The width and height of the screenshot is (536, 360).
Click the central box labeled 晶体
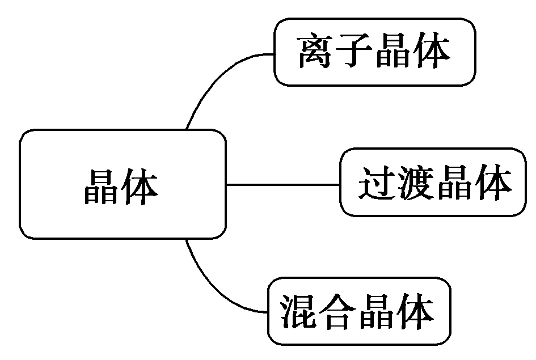(122, 184)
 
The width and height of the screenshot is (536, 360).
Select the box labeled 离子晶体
(374, 52)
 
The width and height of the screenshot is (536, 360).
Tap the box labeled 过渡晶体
(433, 183)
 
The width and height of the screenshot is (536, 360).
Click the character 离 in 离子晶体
(317, 53)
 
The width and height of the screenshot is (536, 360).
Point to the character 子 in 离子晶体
(355, 53)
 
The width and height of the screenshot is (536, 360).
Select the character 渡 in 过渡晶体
(415, 183)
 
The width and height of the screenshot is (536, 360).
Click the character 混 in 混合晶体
(300, 311)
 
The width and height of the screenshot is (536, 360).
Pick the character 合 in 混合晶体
(339, 311)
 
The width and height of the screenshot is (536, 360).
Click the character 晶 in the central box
(102, 185)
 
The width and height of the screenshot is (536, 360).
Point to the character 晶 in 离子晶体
(394, 53)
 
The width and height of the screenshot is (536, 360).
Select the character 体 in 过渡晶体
(492, 183)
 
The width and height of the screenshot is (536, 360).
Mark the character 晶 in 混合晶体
(377, 311)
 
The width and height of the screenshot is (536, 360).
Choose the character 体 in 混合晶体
(416, 311)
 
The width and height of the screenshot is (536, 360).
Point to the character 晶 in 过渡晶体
(454, 183)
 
